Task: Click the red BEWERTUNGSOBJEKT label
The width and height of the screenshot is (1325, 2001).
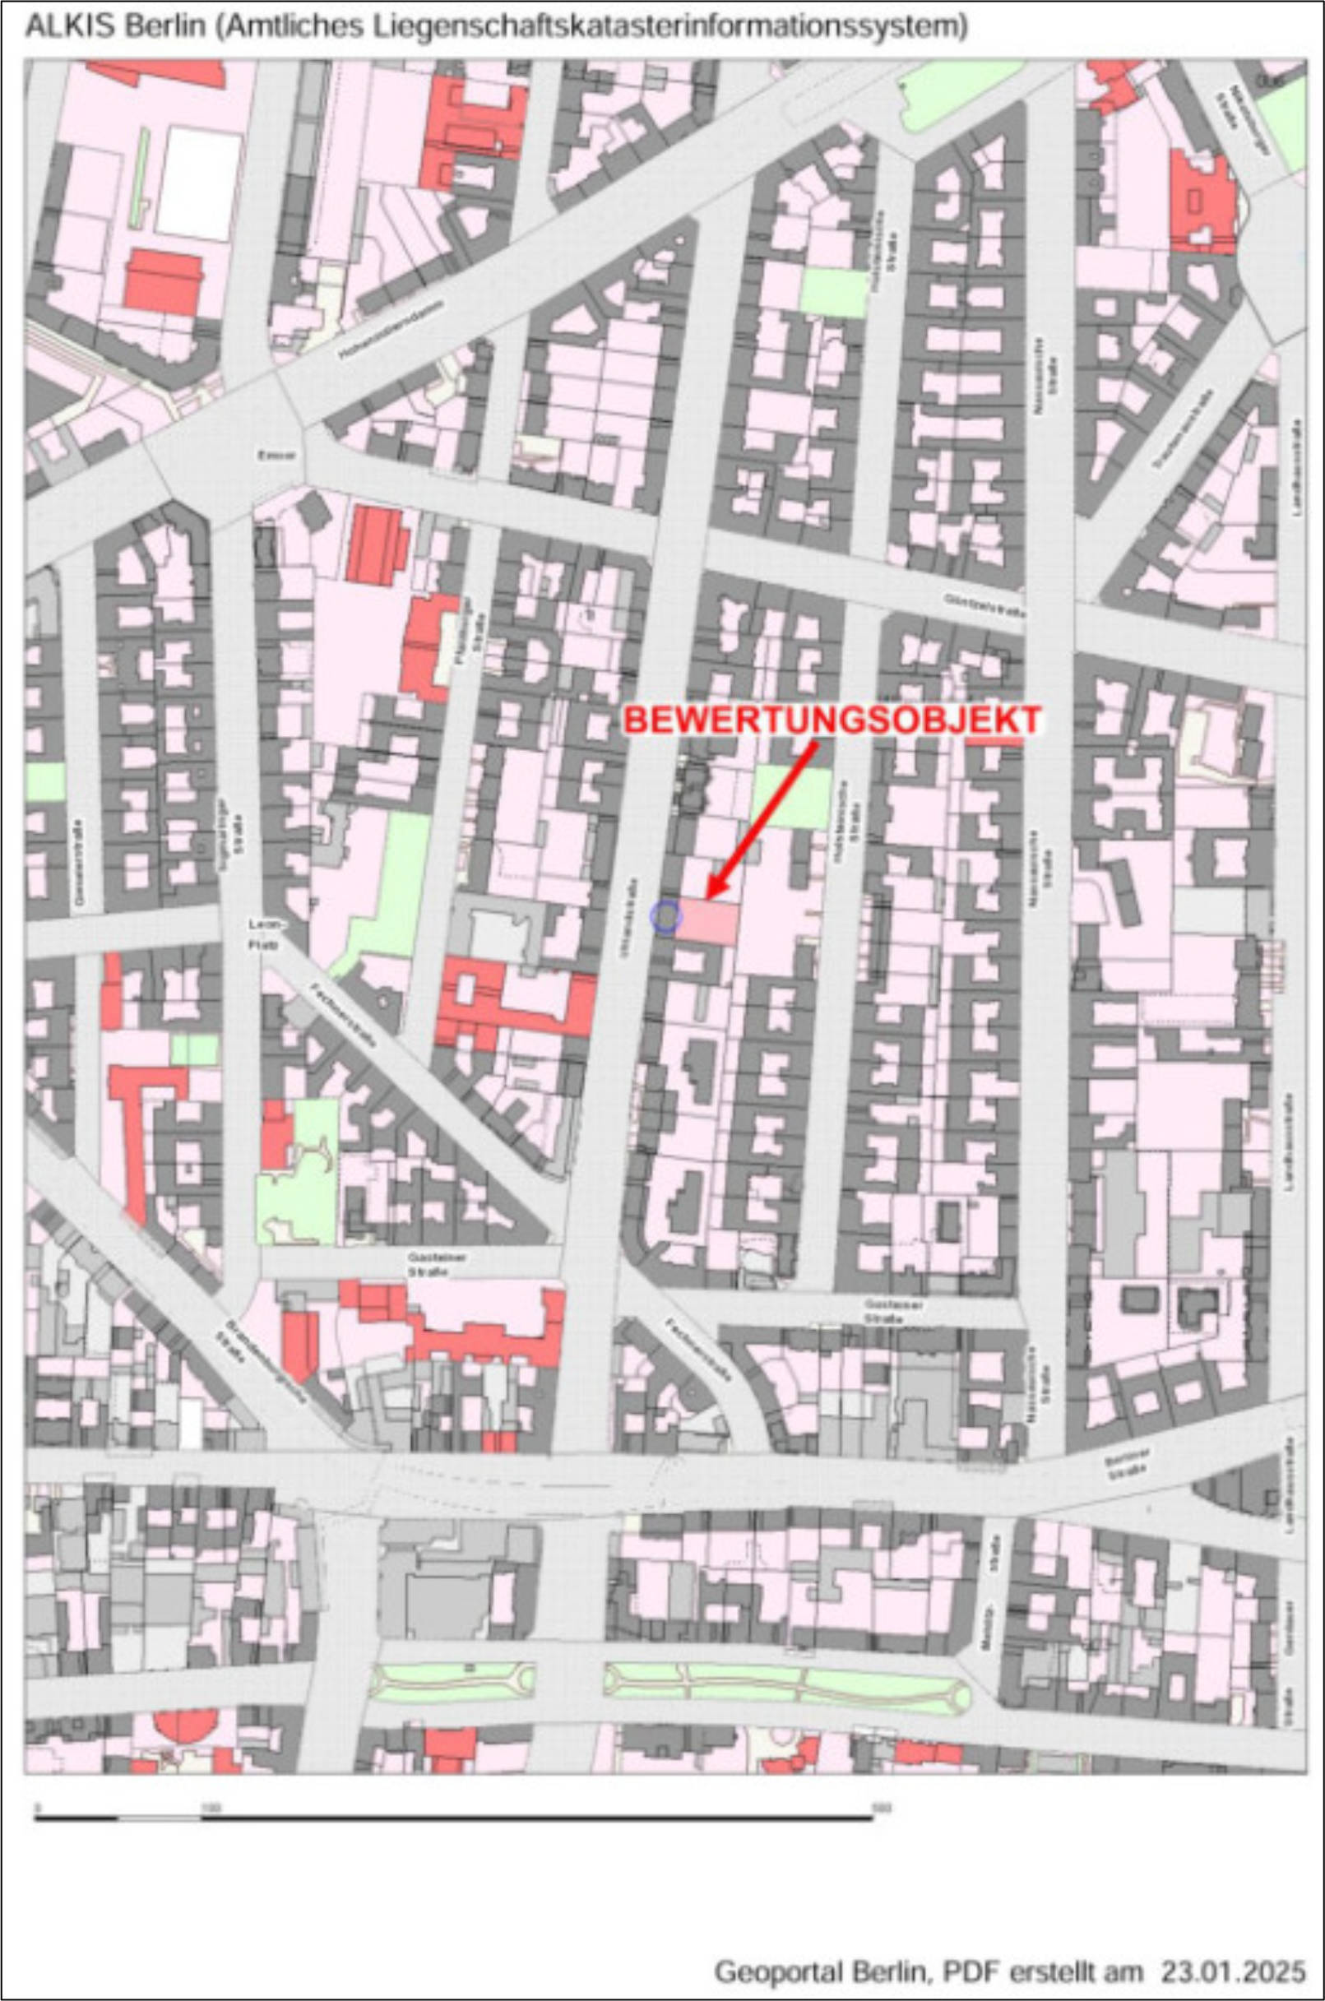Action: tap(832, 720)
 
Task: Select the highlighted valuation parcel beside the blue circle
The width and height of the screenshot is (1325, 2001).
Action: tap(708, 921)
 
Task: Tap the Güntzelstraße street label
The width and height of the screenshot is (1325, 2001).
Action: tap(984, 605)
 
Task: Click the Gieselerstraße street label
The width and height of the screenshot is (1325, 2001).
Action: tap(80, 863)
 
